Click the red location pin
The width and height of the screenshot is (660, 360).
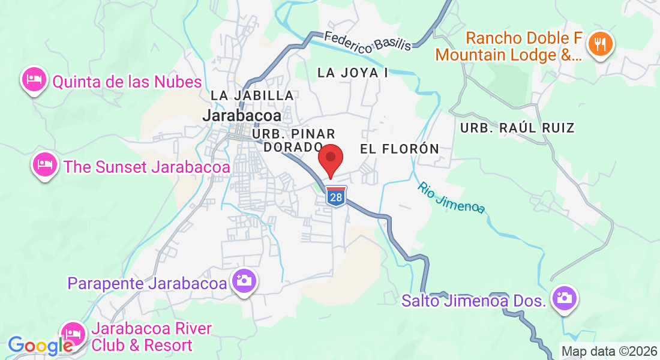tap(330, 159)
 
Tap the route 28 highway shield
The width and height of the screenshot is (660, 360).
tap(336, 197)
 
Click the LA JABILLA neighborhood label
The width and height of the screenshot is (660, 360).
tap(252, 95)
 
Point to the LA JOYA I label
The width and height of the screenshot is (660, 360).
tap(353, 73)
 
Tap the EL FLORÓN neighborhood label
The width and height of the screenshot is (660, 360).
tap(400, 148)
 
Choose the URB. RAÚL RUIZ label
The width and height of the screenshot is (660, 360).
tap(517, 128)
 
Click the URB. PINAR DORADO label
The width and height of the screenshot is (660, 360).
tap(294, 140)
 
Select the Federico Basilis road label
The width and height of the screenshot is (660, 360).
tap(368, 41)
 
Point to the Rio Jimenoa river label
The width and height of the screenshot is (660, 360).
tap(451, 197)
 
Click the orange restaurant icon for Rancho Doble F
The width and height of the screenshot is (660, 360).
tap(599, 43)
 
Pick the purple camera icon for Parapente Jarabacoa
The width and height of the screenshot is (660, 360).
tap(244, 280)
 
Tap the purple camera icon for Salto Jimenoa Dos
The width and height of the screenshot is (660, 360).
tap(563, 298)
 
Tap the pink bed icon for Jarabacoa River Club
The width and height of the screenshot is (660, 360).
tap(73, 333)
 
